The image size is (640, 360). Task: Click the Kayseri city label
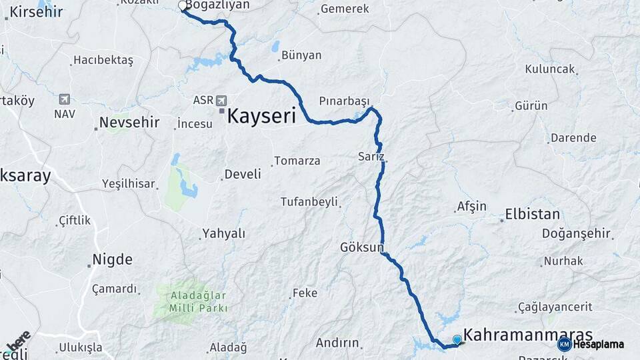pyautogui.click(x=261, y=117)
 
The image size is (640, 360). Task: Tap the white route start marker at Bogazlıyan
pyautogui.click(x=183, y=6)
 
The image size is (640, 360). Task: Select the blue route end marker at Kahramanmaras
pyautogui.click(x=457, y=339)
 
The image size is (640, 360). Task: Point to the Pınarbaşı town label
pyautogui.click(x=344, y=101)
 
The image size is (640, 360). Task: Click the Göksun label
pyautogui.click(x=362, y=247)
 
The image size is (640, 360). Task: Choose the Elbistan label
pyautogui.click(x=532, y=215)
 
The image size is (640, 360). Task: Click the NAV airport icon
pyautogui.click(x=65, y=99)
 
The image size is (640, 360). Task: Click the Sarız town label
pyautogui.click(x=371, y=157)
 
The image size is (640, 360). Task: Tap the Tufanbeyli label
pyautogui.click(x=309, y=201)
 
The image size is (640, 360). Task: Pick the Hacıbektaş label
pyautogui.click(x=103, y=61)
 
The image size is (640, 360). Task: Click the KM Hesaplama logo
pyautogui.click(x=591, y=344)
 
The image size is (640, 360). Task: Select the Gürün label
pyautogui.click(x=531, y=106)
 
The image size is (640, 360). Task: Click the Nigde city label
pyautogui.click(x=113, y=259)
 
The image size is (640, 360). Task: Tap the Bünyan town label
pyautogui.click(x=301, y=55)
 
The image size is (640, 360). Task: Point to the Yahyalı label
pyautogui.click(x=224, y=233)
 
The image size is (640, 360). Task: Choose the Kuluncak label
pyautogui.click(x=550, y=69)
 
